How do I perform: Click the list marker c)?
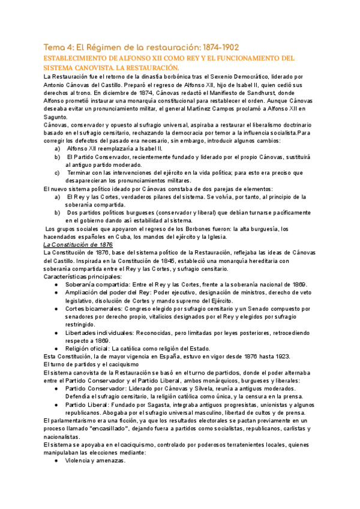click(57, 172)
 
